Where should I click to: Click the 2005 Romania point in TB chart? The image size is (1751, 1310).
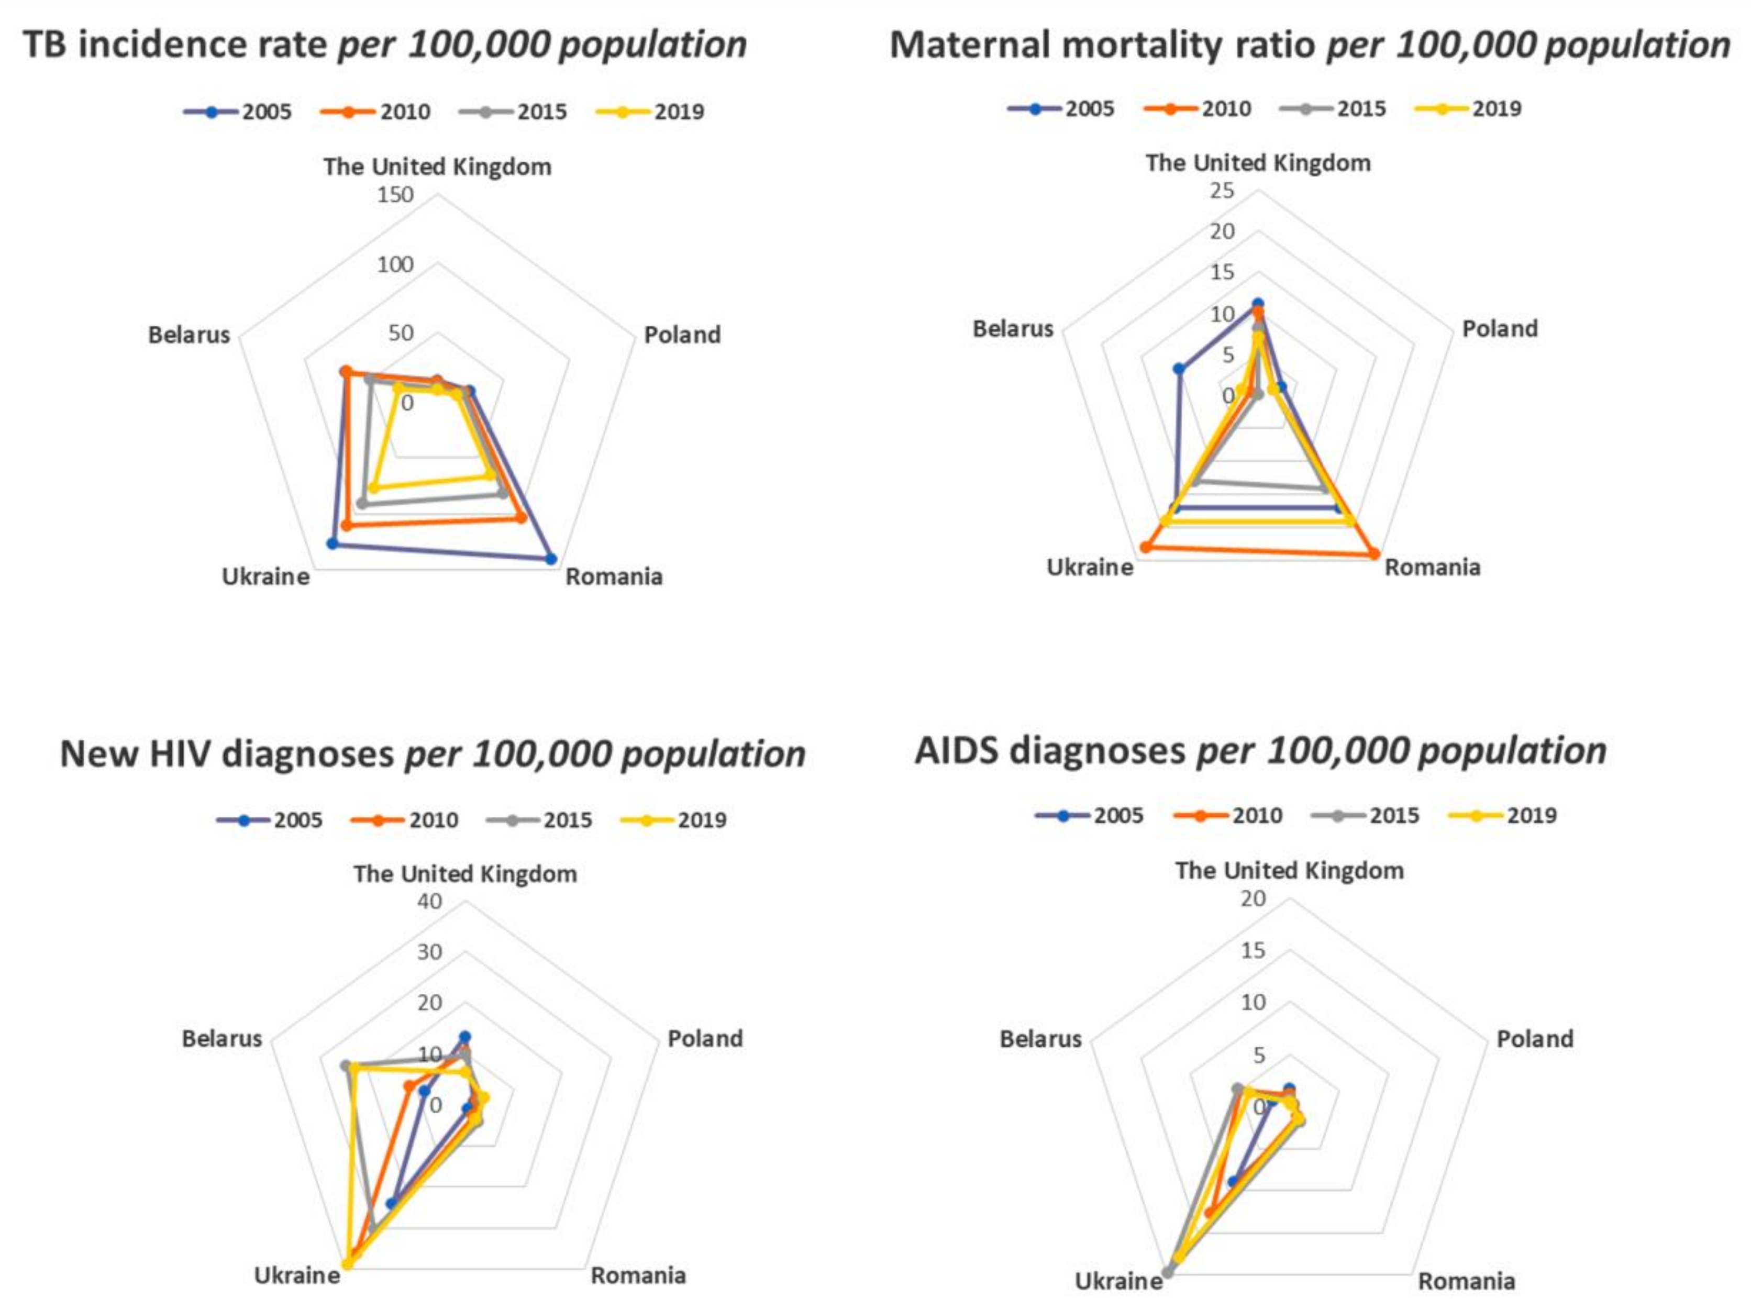click(551, 559)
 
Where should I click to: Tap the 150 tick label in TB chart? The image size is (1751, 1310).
click(395, 195)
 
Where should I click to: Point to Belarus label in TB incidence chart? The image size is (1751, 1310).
click(189, 335)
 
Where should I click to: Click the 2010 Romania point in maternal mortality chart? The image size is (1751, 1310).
click(1374, 554)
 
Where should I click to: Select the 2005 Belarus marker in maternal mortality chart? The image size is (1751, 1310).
click(1179, 369)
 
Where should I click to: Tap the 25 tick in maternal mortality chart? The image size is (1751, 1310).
click(1222, 191)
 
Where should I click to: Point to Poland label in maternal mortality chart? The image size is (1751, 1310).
click(1499, 328)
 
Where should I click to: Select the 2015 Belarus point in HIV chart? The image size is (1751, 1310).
click(345, 1065)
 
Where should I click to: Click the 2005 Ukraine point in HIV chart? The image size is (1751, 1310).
click(390, 1203)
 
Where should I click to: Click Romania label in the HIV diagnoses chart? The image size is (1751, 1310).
click(638, 1275)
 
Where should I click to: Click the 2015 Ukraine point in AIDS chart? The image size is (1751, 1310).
click(1167, 1272)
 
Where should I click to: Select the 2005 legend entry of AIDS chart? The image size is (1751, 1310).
click(1090, 815)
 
